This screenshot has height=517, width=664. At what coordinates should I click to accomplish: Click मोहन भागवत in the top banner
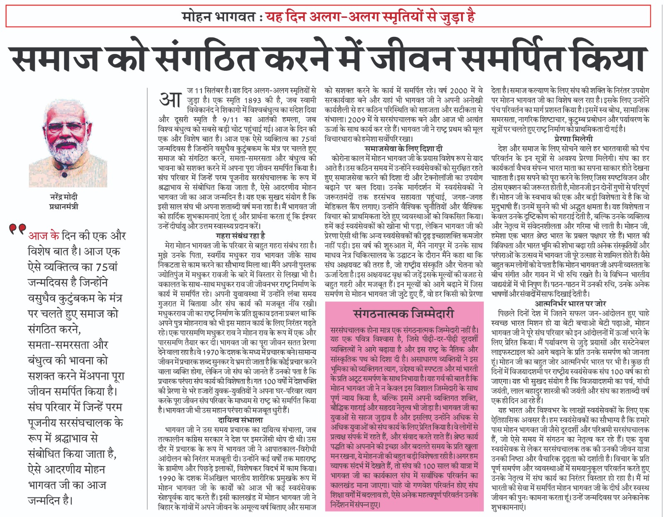(x=218, y=17)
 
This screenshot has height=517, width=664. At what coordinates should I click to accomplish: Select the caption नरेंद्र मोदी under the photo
(x=63, y=197)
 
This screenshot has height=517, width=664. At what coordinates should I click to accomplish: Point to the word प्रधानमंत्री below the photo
(x=63, y=206)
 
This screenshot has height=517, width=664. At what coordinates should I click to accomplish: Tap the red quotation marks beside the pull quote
(x=17, y=229)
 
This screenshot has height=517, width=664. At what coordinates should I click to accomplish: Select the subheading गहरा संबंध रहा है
(x=240, y=236)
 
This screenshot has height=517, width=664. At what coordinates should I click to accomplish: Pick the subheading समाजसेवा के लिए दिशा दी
(x=403, y=148)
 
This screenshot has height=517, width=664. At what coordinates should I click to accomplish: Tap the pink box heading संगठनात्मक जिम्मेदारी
(x=404, y=314)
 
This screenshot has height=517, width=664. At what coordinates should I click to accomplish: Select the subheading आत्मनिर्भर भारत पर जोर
(x=570, y=303)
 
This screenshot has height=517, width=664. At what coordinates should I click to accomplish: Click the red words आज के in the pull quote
(x=44, y=235)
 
